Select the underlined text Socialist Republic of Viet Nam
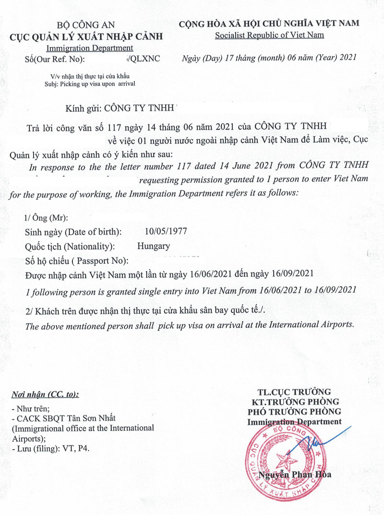tap(269, 35)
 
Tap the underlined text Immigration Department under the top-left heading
tap(90, 48)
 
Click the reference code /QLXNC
tap(144, 59)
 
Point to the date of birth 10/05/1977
tap(166, 231)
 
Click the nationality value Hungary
tap(154, 246)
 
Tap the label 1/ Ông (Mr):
tap(46, 217)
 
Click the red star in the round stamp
tap(288, 462)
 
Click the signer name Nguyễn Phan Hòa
tap(295, 475)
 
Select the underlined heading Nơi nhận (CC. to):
tap(45, 395)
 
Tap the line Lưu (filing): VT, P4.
tap(50, 448)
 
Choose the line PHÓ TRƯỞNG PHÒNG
tap(294, 411)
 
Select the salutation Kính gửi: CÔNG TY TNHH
tap(121, 109)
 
